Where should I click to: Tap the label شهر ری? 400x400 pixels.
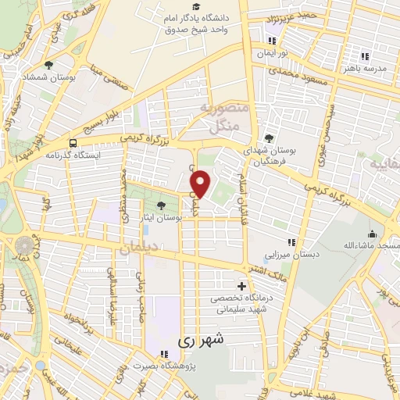tap(200, 341)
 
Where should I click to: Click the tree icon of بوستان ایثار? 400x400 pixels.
tap(161, 205)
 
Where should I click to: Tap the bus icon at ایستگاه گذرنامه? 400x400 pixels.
tap(73, 143)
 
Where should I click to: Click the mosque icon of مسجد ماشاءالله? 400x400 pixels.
tap(372, 234)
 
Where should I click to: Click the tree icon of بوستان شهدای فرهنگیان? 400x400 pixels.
tap(270, 138)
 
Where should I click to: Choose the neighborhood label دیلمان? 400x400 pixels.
tap(140, 248)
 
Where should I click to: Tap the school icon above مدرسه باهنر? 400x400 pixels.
tap(365, 56)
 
